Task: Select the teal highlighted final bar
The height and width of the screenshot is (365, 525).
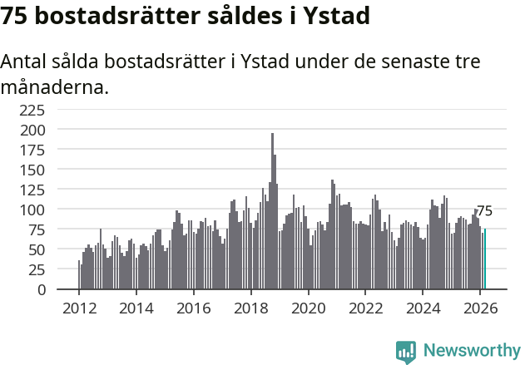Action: click(x=485, y=259)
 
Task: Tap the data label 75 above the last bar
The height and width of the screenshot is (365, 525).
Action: click(x=484, y=211)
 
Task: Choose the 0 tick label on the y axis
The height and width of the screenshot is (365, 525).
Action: click(x=59, y=289)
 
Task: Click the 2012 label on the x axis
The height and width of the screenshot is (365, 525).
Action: click(x=79, y=307)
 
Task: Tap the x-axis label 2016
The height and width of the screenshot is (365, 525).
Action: click(x=194, y=307)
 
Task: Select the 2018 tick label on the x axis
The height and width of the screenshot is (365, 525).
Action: click(x=251, y=307)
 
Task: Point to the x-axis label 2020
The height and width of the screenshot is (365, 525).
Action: click(x=309, y=307)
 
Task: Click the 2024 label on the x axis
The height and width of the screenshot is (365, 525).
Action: click(x=423, y=307)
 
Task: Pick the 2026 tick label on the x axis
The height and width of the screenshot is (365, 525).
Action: click(x=481, y=307)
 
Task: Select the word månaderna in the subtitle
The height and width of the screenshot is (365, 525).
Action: click(x=55, y=86)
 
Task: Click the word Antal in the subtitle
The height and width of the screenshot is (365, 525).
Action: click(x=24, y=62)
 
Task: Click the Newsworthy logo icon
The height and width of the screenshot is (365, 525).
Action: click(x=406, y=352)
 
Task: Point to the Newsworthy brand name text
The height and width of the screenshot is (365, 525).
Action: click(x=472, y=352)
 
